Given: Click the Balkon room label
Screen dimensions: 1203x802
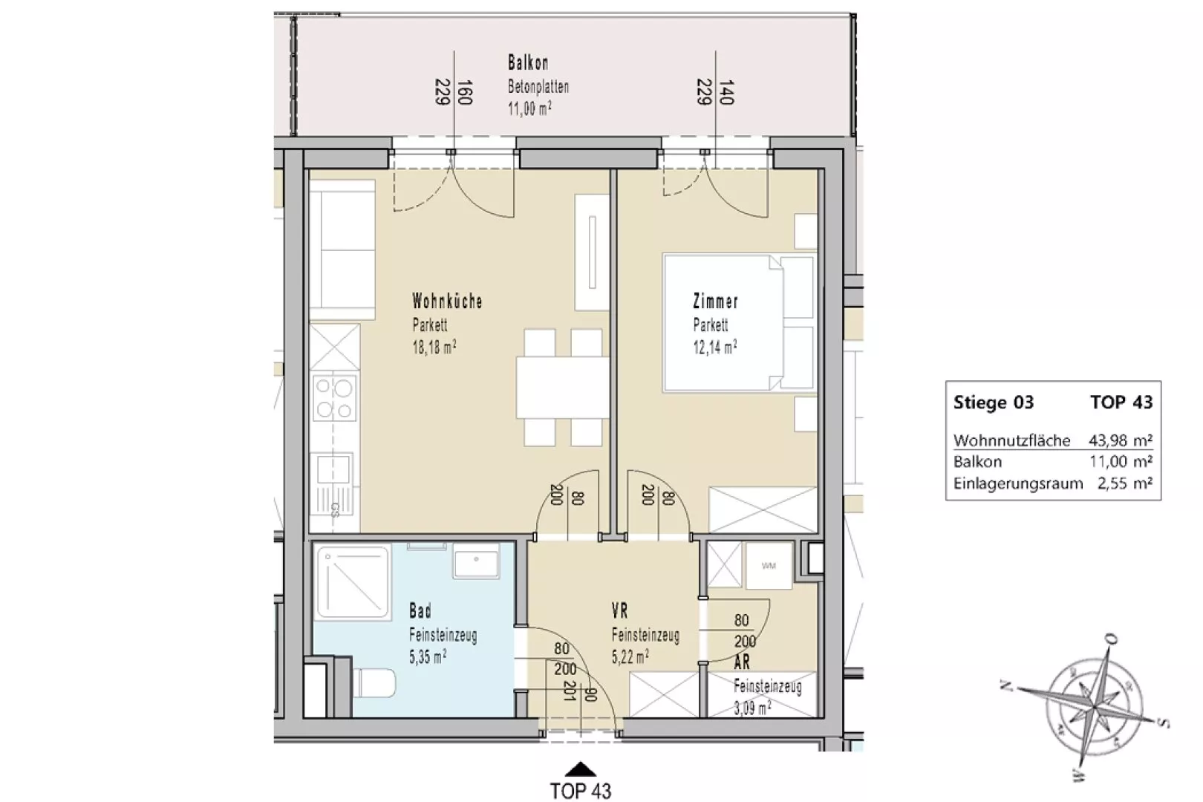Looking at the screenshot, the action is coord(528,63).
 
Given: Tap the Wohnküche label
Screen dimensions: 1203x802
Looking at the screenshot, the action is coord(447,301).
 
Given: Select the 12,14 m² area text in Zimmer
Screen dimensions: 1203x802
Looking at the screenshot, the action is coord(715,348).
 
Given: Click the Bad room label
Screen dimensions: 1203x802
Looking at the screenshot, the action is coord(420,610).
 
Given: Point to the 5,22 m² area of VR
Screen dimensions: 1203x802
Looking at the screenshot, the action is coord(630,656).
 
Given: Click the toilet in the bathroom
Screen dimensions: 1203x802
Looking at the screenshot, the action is coord(375,682).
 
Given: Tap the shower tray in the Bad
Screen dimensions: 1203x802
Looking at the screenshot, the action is coord(353,582).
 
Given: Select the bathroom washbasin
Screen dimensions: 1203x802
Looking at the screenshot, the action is coord(476,560).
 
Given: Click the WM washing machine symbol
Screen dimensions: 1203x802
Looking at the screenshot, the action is coord(769,565).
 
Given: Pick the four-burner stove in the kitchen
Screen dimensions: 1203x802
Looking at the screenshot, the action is coord(334,398).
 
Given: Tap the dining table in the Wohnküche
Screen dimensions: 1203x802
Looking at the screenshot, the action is coord(562,388).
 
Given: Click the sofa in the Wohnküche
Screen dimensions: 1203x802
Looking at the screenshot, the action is coord(342,250).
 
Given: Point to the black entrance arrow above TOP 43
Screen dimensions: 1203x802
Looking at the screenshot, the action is coord(581,769).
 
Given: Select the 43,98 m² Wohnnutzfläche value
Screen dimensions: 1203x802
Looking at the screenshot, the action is coord(1121,440).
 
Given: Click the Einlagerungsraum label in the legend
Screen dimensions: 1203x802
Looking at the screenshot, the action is coord(1018,483).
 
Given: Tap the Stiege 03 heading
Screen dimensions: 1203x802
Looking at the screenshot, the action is coord(994,402).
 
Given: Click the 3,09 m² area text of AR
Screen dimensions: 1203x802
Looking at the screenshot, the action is coord(752,708).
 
